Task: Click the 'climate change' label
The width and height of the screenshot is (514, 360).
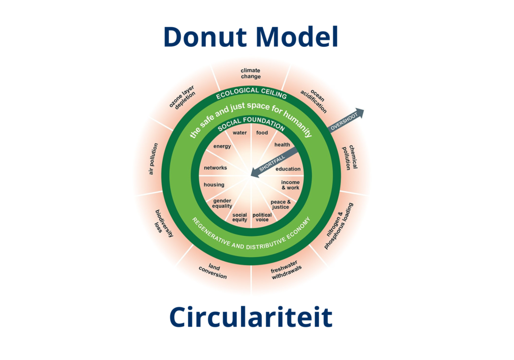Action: [x=250, y=74]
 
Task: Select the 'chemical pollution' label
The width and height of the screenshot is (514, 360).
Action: [x=349, y=157]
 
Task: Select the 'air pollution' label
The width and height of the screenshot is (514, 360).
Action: [x=153, y=159]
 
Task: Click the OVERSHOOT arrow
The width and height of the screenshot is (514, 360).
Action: [x=346, y=121]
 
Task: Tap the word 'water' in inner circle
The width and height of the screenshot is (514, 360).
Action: [x=239, y=133]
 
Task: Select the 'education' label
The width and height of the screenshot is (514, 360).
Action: [x=288, y=169]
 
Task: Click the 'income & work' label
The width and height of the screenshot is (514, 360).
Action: [x=290, y=185]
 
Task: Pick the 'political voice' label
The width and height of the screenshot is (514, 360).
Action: [x=262, y=217]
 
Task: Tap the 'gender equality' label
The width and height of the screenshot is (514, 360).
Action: [x=222, y=203]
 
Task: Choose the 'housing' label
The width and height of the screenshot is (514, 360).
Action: [x=214, y=185]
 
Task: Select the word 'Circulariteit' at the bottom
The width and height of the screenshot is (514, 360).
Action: [x=250, y=317]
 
